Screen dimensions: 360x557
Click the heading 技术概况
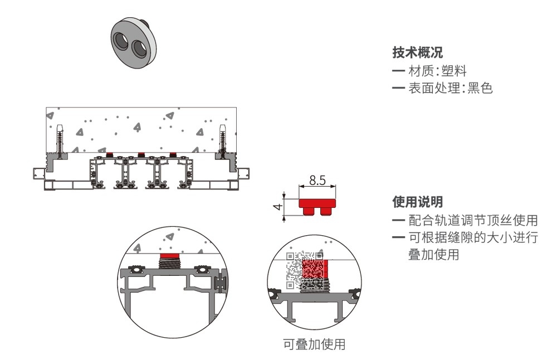(417, 53)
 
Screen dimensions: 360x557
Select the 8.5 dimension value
(317, 180)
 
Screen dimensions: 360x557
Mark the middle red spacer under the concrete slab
(141, 154)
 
